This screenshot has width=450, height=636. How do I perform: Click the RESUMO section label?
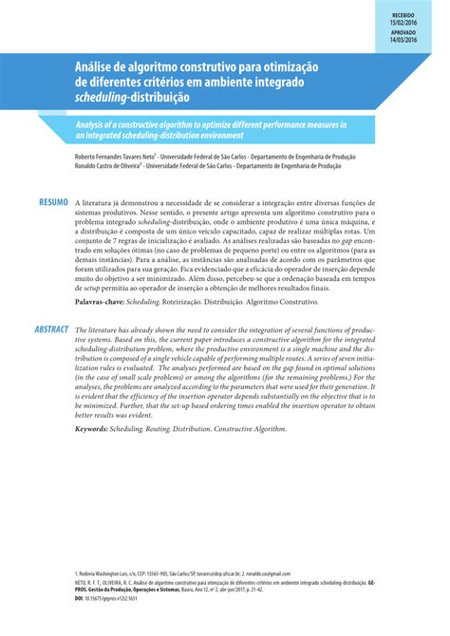[x=53, y=203]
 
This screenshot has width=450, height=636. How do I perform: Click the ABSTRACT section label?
[x=51, y=329]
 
